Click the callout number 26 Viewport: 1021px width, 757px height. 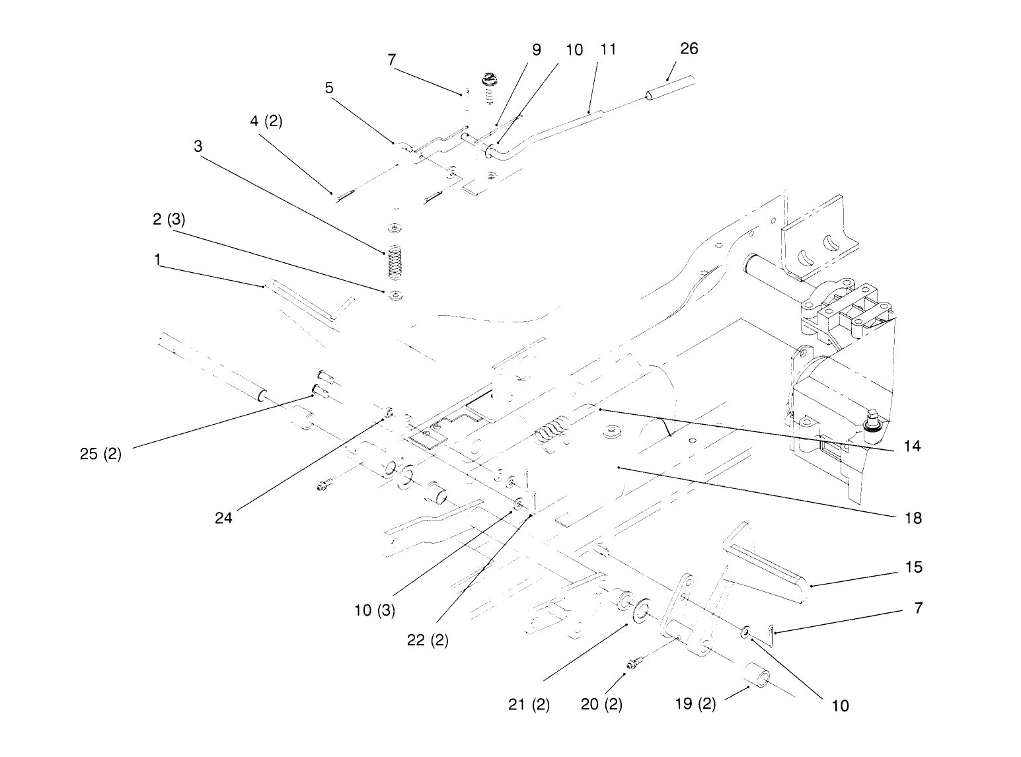pos(689,49)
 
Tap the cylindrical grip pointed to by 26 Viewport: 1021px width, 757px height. pos(669,89)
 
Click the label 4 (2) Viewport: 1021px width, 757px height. pos(266,122)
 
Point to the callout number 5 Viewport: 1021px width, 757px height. pos(329,87)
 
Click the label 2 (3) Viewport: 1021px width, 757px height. pos(169,220)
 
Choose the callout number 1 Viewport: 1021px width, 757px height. pos(157,260)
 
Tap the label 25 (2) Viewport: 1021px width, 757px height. pos(100,454)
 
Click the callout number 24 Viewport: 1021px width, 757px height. pos(224,518)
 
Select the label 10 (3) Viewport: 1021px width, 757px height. pos(374,610)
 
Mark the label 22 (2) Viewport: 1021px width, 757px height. pos(428,640)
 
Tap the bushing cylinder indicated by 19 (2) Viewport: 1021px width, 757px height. pos(757,679)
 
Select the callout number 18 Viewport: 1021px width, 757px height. pos(913,518)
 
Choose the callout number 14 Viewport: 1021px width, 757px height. pos(912,447)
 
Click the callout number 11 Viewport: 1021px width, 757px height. pos(608,50)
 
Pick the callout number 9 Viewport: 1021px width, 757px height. pos(536,50)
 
